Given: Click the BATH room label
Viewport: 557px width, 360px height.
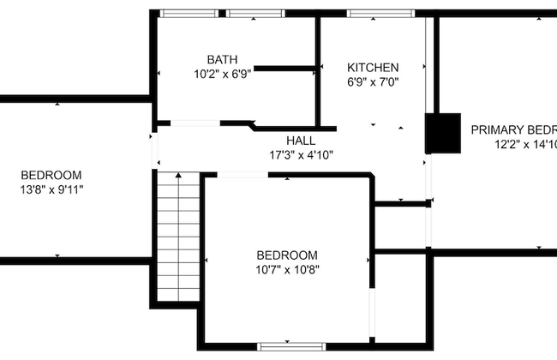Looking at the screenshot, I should [222, 60].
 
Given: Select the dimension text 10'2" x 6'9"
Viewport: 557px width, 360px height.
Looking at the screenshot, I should [222, 75].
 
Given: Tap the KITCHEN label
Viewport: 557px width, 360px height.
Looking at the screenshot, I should [372, 68].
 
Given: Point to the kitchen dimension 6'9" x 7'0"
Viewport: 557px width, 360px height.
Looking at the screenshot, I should [373, 82].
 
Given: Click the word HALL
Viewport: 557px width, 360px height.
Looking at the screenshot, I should [301, 141].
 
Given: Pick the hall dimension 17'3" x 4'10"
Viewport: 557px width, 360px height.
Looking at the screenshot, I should [301, 155].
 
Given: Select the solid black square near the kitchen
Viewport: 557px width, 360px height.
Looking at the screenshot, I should [443, 132].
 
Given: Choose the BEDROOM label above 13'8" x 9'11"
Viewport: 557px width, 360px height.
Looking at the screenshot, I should [51, 174].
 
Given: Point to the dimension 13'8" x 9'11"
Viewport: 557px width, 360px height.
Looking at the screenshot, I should [51, 189].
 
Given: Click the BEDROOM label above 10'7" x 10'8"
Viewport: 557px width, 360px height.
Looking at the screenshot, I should [287, 255].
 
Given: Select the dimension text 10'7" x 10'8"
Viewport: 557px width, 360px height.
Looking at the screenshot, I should [287, 270].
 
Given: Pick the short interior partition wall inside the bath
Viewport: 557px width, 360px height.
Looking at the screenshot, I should [286, 68].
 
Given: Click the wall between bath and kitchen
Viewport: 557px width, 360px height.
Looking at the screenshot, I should [318, 69].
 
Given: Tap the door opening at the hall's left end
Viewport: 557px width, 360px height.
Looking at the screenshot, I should [155, 151].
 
